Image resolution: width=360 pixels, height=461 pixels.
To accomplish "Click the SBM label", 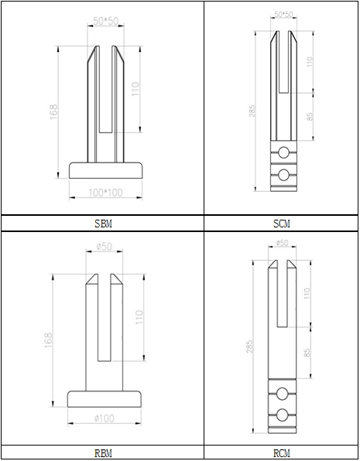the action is coord(103,224).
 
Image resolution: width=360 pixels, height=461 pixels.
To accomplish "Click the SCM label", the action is coord(282,224).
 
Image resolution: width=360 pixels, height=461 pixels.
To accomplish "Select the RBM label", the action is coord(103,453).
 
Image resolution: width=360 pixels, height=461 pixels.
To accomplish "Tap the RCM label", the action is coord(282,453).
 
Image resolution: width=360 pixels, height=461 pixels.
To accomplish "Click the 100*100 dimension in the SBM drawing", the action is coord(105,193).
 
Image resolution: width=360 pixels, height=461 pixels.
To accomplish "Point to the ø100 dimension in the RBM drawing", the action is coord(105,418).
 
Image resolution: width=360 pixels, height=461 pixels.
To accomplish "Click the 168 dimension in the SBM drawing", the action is coord(53,112).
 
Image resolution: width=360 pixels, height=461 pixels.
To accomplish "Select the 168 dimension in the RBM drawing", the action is coord(49,340).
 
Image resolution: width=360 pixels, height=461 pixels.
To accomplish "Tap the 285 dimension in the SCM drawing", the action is coord(252,111).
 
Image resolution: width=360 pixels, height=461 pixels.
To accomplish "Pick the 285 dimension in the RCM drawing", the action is coord(249,347).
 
